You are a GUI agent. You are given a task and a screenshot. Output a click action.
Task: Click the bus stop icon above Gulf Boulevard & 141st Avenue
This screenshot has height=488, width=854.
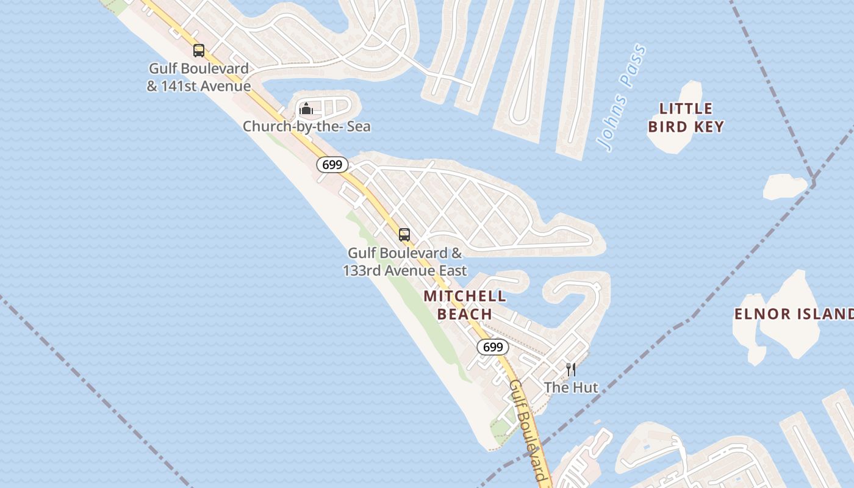(x=198, y=51)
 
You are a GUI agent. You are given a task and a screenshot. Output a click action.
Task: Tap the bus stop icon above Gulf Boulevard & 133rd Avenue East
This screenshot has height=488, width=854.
(x=404, y=234)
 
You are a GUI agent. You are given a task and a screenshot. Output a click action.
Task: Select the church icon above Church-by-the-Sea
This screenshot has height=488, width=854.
(x=306, y=109)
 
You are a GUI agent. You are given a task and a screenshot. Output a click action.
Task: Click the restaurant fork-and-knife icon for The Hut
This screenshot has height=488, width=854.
(x=571, y=369)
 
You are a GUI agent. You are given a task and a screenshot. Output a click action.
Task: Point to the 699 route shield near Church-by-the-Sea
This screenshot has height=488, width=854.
(x=332, y=165)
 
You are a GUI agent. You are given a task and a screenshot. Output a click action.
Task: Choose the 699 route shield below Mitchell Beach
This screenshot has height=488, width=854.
(x=492, y=347)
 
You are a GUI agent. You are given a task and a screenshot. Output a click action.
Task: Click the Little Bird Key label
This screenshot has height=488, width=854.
(x=686, y=118)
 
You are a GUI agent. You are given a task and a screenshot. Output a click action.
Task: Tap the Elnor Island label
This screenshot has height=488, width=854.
(x=793, y=314)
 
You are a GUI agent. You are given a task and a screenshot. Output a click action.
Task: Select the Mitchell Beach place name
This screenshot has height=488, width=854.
(x=465, y=305)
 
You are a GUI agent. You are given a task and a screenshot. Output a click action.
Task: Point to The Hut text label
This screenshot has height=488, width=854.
(x=571, y=387)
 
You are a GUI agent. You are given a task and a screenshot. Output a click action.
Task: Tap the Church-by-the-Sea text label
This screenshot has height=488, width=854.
(x=307, y=127)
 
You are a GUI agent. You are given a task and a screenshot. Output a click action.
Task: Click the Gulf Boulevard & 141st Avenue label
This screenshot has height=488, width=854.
(x=199, y=77)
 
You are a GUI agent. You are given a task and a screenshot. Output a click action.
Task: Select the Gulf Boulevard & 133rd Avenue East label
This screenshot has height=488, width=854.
(x=405, y=262)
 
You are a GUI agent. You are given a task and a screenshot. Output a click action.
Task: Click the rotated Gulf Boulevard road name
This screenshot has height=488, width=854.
(x=527, y=431)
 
